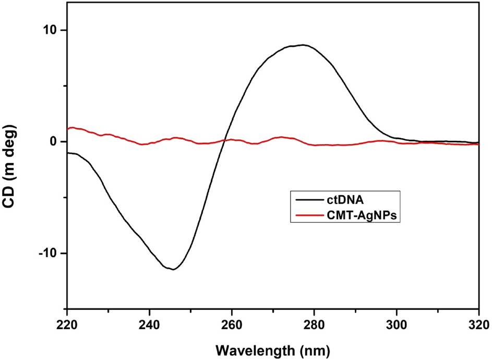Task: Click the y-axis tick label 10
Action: click(51, 30)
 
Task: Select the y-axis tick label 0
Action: click(55, 141)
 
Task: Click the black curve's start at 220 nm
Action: click(68, 152)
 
